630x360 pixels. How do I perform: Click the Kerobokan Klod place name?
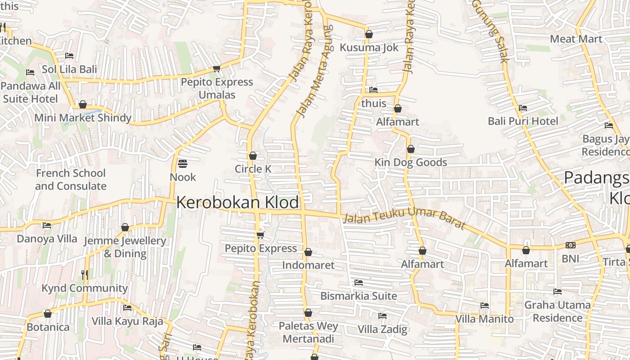click(237, 202)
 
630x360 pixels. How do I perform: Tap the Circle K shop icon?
click(253, 156)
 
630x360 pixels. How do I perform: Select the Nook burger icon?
click(182, 163)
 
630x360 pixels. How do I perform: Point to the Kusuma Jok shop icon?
click(369, 34)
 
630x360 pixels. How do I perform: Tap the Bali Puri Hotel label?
click(523, 121)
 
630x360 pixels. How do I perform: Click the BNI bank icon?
click(571, 245)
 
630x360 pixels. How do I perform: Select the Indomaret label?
click(308, 265)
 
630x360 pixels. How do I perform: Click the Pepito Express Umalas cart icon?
click(216, 69)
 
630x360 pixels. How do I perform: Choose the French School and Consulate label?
click(71, 180)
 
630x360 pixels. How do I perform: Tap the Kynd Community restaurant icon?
click(85, 274)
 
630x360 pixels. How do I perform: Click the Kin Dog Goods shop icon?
click(410, 149)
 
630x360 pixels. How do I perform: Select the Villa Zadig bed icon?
click(382, 315)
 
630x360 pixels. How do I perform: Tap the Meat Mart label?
click(576, 39)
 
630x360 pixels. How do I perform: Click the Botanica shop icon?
click(48, 314)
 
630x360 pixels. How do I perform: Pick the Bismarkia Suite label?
click(359, 296)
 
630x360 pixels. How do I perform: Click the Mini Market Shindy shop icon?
click(83, 105)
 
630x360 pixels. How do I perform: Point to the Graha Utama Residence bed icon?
click(558, 291)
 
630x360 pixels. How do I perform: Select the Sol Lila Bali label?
click(69, 69)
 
